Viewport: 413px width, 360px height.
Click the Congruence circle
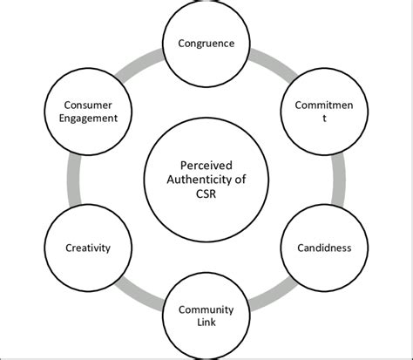206,42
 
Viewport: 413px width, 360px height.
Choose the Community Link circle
206,316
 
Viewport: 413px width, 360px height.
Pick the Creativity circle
87,247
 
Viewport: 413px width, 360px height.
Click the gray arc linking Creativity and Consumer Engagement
70,180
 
